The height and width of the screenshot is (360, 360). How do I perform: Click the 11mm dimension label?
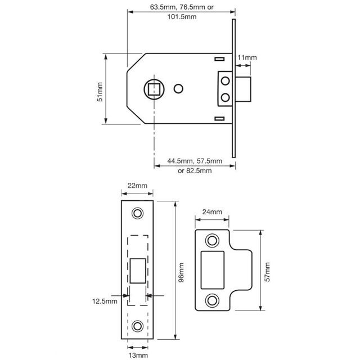point(247,57)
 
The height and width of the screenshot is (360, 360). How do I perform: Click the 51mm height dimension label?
point(100,89)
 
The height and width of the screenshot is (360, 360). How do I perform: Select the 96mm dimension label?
point(181,269)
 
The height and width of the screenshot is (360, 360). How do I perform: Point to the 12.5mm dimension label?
point(105,301)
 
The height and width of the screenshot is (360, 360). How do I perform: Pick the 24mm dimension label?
point(212,212)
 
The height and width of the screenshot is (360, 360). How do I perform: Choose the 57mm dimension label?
point(268,271)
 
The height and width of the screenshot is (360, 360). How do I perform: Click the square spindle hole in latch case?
point(153,89)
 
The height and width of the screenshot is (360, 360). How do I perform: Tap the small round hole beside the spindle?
point(179,89)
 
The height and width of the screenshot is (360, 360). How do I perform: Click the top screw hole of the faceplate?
point(137,213)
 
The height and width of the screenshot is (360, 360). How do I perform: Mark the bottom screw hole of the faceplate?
point(137,326)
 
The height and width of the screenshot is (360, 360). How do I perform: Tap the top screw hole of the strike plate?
point(212,240)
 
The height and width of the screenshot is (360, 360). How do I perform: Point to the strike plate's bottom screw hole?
point(212,300)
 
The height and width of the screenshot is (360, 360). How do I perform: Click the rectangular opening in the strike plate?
point(213,270)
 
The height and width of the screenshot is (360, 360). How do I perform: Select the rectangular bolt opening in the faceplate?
point(138,270)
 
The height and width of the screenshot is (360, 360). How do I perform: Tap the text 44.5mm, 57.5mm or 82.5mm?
point(195,166)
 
